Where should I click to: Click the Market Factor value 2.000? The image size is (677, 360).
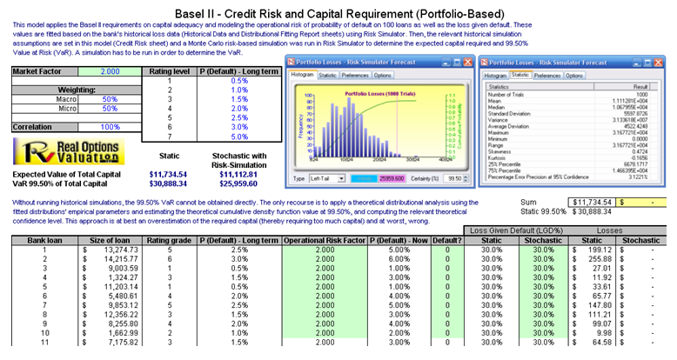111,71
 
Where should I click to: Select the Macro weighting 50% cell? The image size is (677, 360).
111,99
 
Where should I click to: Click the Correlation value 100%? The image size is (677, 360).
111,127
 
